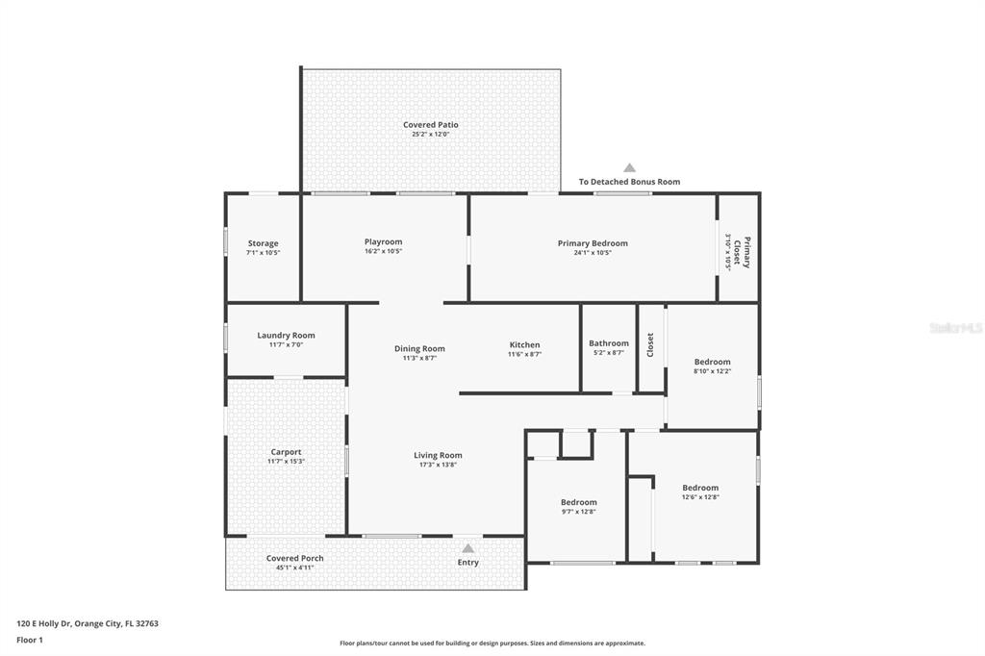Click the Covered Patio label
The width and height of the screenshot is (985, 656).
pos(431,124)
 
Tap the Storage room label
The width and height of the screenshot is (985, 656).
pos(264,243)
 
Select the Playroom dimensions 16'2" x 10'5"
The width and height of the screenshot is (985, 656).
pos(383,251)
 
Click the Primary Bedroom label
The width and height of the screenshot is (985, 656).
pos(593,243)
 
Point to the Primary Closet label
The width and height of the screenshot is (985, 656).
pos(743,252)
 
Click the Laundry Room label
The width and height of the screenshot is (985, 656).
pos(286,336)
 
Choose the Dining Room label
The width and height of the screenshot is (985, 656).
pos(419,349)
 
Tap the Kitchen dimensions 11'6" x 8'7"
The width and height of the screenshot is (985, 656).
pos(524,354)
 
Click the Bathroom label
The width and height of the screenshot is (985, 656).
pos(609,343)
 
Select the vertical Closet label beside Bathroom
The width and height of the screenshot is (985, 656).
pos(650,345)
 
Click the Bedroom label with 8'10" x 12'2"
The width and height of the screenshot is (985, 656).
pos(713,362)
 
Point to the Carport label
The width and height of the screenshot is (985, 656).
pos(286,452)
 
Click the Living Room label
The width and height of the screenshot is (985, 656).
pos(438,456)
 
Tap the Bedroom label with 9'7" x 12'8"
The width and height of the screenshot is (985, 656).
pos(578,502)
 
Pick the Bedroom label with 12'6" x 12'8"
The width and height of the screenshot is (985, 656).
pos(700,488)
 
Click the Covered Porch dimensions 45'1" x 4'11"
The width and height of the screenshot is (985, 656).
pos(294,568)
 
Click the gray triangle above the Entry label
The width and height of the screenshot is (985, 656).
pos(468,548)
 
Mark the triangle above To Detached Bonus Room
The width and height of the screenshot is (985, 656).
pos(629,167)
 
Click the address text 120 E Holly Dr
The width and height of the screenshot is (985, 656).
pos(43,624)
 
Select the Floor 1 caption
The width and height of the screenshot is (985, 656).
pos(30,641)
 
